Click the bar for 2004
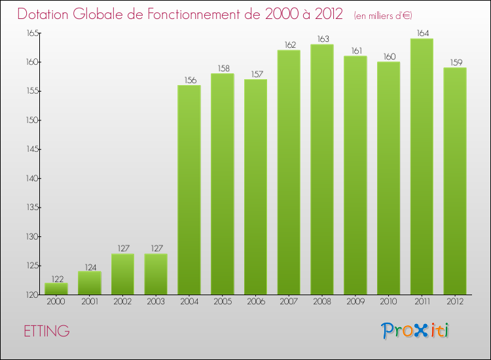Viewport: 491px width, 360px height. click(189, 190)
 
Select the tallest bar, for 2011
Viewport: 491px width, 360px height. click(422, 166)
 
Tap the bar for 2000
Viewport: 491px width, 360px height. click(56, 289)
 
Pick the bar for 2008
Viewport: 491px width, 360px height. click(322, 169)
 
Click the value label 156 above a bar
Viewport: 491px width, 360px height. click(189, 81)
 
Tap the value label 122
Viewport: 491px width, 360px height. click(56, 278)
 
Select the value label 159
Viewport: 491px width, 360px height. click(455, 63)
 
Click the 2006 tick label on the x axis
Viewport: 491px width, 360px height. click(255, 302)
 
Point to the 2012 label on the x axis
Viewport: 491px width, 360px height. click(455, 302)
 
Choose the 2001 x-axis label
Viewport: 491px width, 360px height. click(90, 302)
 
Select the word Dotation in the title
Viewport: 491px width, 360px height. click(45, 14)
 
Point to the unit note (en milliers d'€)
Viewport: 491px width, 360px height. click(383, 15)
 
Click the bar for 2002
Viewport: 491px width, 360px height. click(122, 274)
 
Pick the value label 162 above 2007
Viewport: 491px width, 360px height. click(289, 45)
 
